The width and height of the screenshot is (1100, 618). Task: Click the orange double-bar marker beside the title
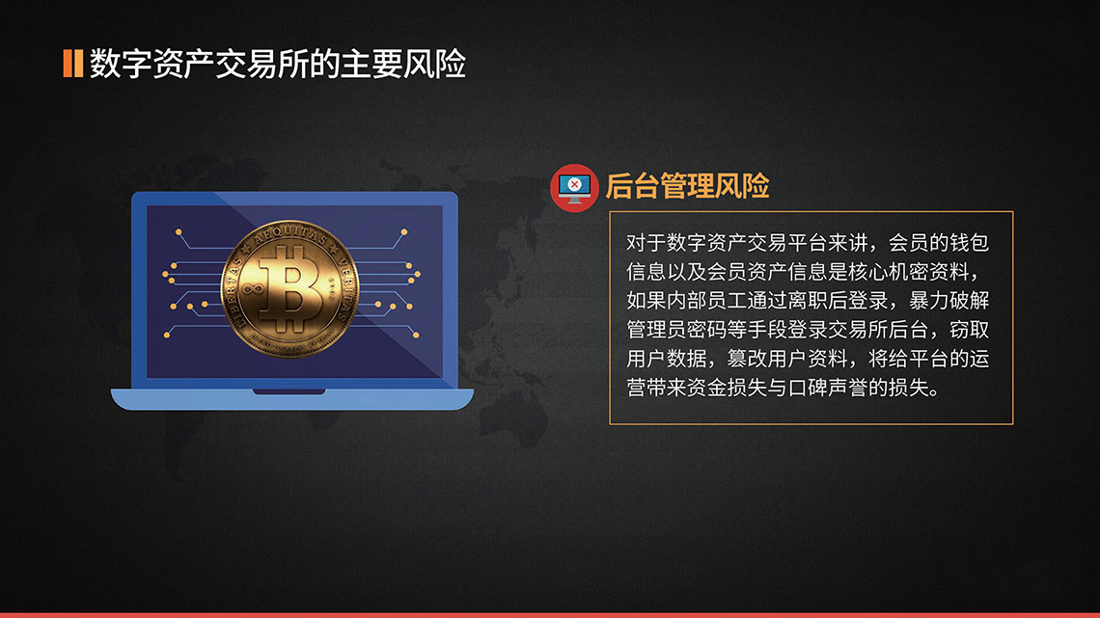point(71,63)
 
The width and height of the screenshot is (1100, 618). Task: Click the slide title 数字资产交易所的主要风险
point(278,64)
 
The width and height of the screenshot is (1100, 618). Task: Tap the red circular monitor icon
point(574,186)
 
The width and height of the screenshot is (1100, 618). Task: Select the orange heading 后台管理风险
point(687,186)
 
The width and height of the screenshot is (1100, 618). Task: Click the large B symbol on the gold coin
point(289,286)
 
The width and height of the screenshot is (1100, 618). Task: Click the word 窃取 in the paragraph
point(968,330)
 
